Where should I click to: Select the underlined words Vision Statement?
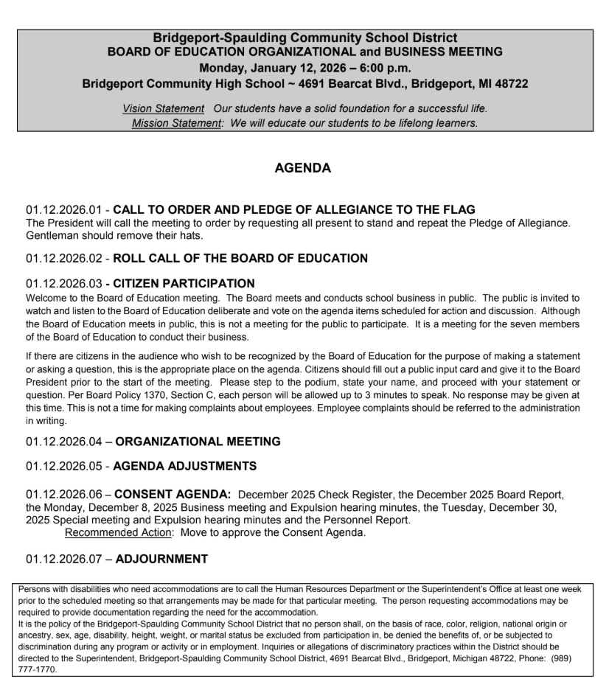click(163, 108)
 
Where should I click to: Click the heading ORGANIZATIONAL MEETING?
click(198, 442)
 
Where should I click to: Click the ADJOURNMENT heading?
click(161, 559)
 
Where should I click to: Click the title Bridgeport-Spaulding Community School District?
click(304, 38)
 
